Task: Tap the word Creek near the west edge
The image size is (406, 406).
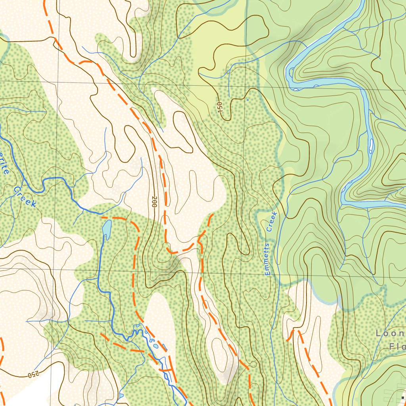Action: tap(25, 197)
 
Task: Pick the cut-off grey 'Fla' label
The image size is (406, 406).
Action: tap(396, 347)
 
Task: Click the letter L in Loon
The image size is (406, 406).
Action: tap(378, 333)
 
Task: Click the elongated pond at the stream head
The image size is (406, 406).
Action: tap(107, 229)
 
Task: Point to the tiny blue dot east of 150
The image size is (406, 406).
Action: tap(247, 100)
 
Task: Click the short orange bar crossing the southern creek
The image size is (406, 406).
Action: tap(167, 370)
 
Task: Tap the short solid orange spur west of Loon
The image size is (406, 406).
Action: tap(290, 335)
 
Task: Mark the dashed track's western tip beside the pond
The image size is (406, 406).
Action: tap(102, 217)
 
